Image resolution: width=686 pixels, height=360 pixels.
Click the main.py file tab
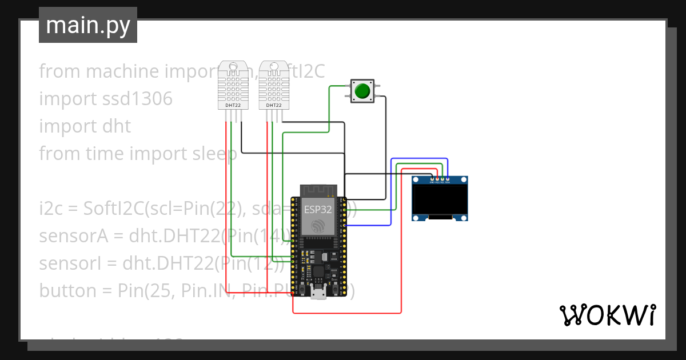(x=88, y=25)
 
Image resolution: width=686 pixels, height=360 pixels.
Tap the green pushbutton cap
(x=362, y=91)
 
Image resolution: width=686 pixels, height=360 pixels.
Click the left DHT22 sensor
(x=234, y=86)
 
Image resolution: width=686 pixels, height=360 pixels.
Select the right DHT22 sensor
(x=274, y=86)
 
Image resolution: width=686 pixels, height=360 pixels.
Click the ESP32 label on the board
(x=318, y=209)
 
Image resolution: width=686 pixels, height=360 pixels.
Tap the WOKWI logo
(x=607, y=315)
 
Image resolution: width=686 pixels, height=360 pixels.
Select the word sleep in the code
(x=214, y=154)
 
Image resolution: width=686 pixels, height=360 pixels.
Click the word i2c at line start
(x=50, y=209)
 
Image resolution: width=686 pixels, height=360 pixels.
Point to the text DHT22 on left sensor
(x=233, y=105)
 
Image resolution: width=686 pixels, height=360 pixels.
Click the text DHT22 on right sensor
(x=274, y=105)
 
